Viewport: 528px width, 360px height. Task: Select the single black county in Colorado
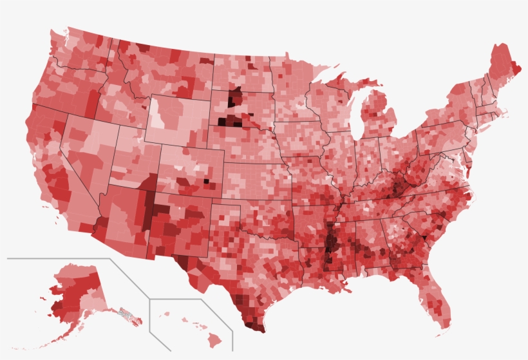click(207, 182)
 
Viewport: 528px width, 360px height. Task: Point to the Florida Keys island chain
click(438, 336)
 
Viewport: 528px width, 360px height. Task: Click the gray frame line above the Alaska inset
click(58, 258)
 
